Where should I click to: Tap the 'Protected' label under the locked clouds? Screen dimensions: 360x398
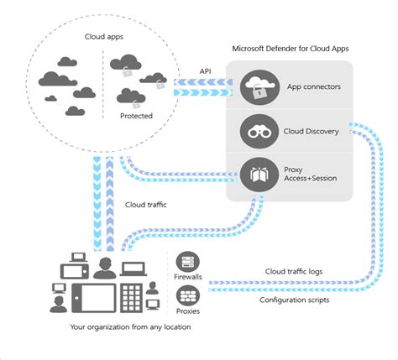click(x=137, y=116)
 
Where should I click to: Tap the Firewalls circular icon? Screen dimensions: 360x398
click(x=187, y=263)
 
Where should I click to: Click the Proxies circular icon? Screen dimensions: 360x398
click(x=187, y=295)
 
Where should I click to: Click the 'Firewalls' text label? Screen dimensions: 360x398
click(x=186, y=278)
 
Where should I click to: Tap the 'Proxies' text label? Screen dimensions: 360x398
click(x=186, y=311)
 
